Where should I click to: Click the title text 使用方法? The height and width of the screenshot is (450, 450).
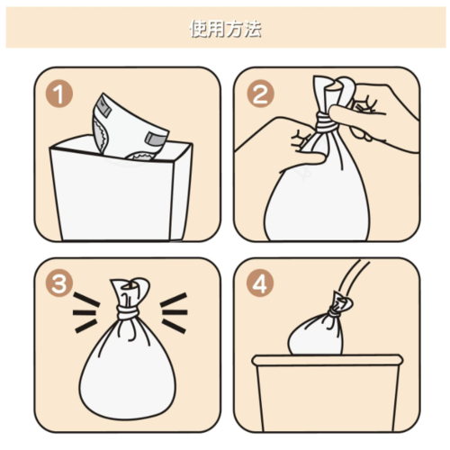click(x=225, y=29)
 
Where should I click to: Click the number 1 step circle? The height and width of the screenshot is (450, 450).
click(x=59, y=94)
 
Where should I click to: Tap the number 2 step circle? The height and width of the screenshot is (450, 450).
click(x=260, y=94)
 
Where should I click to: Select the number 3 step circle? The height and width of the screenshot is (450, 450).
click(x=59, y=283)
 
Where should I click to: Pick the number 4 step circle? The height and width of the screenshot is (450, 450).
click(x=260, y=283)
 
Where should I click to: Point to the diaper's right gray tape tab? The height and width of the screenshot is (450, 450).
click(x=156, y=138)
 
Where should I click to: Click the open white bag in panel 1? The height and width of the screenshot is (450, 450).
click(x=120, y=192)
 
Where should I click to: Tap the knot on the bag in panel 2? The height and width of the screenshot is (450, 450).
click(x=326, y=124)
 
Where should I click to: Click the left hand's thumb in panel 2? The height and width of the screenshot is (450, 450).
click(x=309, y=158)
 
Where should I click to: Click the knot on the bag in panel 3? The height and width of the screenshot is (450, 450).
click(x=128, y=312)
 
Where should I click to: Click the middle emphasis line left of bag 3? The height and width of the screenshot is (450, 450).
click(x=85, y=312)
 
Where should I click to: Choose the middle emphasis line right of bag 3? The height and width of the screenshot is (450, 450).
click(x=175, y=312)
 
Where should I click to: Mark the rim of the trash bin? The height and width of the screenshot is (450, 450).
click(x=328, y=360)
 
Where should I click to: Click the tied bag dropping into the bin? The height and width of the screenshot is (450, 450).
click(x=319, y=326)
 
